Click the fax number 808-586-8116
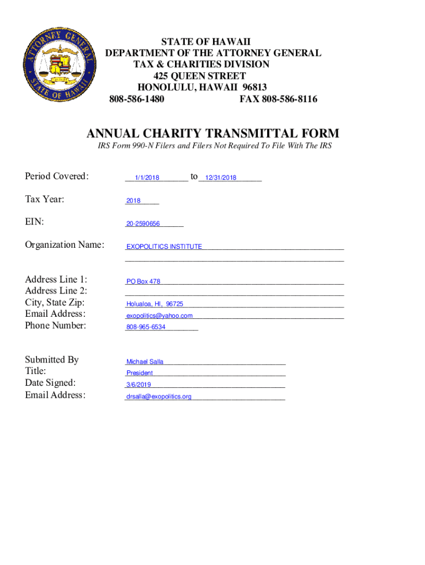click(278, 99)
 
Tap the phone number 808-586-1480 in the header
click(136, 99)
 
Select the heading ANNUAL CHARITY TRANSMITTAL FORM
click(212, 134)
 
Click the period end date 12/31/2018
click(220, 178)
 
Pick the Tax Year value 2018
click(133, 201)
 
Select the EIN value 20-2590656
click(143, 224)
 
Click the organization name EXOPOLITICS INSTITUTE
click(164, 247)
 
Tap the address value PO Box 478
click(144, 281)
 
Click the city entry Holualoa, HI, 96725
click(155, 304)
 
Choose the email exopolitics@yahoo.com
click(160, 316)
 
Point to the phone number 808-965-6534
click(146, 327)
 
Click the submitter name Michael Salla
click(145, 362)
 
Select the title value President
click(140, 373)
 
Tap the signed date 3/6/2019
click(139, 385)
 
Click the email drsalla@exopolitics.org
click(158, 397)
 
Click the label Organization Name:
click(65, 244)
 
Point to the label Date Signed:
click(50, 383)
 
